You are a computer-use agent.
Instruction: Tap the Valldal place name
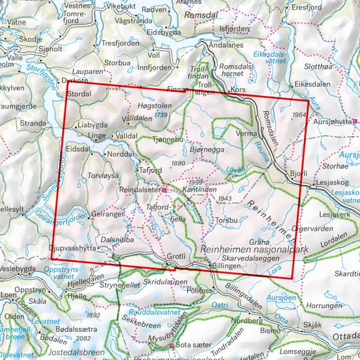[127, 136]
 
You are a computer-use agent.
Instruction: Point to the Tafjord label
[151, 169]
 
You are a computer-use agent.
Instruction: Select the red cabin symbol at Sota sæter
[173, 346]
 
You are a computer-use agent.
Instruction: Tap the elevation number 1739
[160, 114]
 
